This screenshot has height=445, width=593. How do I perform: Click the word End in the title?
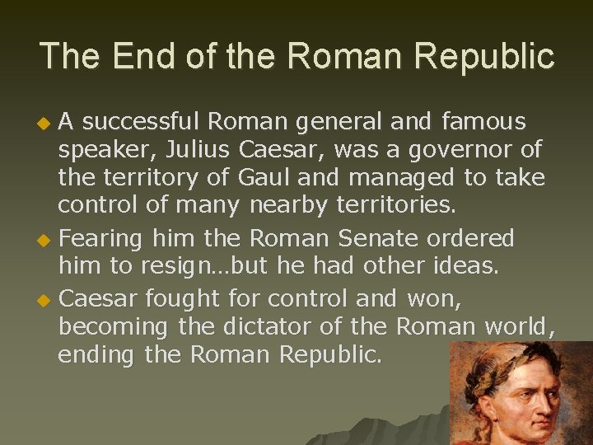pos(135,56)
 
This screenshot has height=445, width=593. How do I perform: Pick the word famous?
pos(483,123)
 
